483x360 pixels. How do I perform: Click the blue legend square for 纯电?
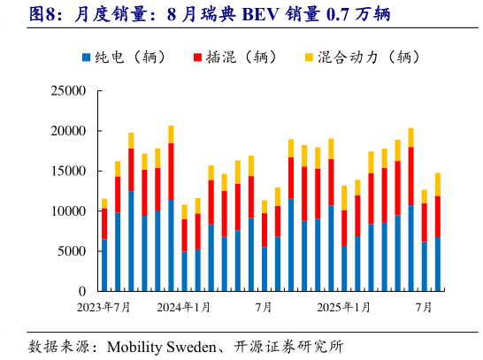(x=86, y=57)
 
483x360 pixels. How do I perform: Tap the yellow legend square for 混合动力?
(x=310, y=57)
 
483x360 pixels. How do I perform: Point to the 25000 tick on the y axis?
(x=67, y=91)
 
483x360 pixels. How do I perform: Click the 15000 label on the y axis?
(x=67, y=171)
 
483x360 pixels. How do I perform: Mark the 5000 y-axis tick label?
(x=71, y=251)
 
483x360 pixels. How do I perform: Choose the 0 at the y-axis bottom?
(x=81, y=291)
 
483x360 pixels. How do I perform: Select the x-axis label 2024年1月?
(x=184, y=307)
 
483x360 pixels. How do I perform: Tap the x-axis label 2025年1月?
(x=343, y=307)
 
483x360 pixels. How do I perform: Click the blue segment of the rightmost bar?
(x=437, y=264)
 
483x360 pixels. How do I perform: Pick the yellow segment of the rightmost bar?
(x=437, y=184)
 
